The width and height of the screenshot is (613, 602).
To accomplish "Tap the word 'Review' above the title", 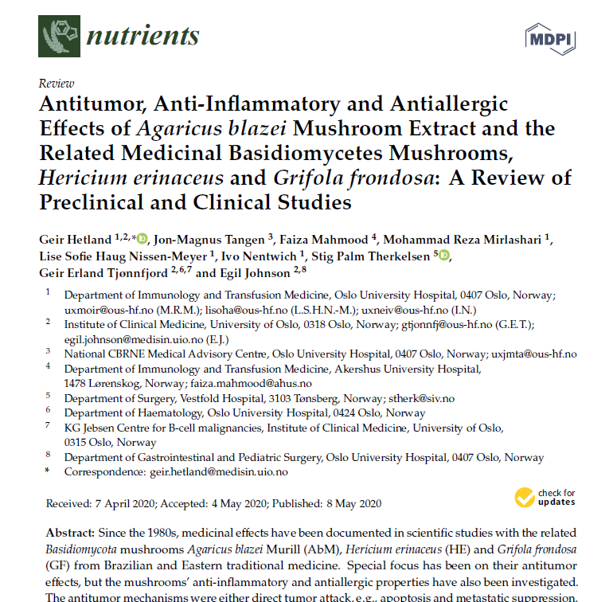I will (x=56, y=84).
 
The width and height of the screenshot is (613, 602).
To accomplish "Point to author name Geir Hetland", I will (x=75, y=238).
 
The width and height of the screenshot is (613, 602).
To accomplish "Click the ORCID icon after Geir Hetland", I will (x=143, y=238).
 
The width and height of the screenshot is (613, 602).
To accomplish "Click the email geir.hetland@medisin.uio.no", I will (x=219, y=471).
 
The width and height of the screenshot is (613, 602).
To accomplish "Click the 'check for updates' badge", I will (x=546, y=497).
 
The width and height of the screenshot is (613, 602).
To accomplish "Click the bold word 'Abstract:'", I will (x=70, y=532).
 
